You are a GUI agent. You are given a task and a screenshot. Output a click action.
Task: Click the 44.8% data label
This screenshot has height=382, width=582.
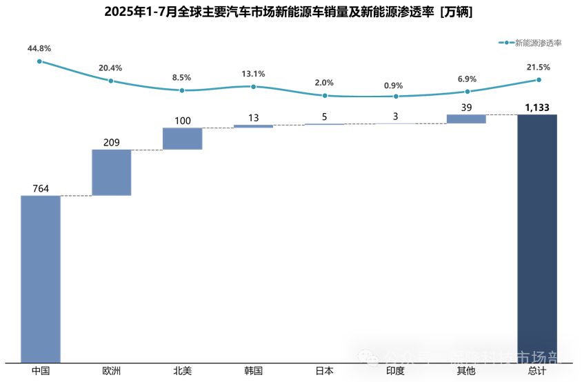[x=39, y=49]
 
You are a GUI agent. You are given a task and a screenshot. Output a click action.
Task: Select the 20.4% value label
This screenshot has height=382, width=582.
[x=110, y=68]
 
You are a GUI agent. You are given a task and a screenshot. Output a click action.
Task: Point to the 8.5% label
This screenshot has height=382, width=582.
[x=181, y=78]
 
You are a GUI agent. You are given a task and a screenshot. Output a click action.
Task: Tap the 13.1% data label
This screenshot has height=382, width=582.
[x=253, y=74]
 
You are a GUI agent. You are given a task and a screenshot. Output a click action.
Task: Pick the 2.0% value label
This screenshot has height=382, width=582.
[x=324, y=83]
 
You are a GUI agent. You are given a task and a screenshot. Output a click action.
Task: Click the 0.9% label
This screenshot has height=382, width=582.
[x=393, y=86]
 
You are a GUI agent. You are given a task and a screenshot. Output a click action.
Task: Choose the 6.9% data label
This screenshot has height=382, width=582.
[x=467, y=79]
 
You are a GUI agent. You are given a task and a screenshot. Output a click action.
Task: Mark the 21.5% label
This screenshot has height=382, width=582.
[x=538, y=67]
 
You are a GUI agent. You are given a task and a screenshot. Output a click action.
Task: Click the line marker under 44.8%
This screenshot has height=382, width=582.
[x=39, y=61]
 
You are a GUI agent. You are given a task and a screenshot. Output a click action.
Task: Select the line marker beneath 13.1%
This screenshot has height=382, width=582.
[x=253, y=86]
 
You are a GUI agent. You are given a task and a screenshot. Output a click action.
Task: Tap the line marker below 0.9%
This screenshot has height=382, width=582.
[x=396, y=97]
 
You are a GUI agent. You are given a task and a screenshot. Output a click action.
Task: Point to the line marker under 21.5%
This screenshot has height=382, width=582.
[x=539, y=80]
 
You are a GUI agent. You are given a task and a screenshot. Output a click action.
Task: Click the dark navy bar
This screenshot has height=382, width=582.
[x=537, y=238]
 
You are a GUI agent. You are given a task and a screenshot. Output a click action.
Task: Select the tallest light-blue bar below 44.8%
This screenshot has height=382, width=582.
[x=41, y=279]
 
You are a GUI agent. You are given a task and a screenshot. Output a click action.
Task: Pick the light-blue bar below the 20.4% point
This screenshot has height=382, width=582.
[x=112, y=172]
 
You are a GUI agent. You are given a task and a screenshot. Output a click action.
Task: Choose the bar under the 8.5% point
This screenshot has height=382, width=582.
[x=182, y=139]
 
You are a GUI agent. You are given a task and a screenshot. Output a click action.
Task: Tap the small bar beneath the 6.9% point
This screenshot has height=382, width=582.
[x=466, y=119]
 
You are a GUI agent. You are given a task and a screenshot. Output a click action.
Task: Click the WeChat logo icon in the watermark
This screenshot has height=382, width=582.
[x=368, y=358]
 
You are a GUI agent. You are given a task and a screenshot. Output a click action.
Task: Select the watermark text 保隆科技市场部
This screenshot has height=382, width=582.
[x=505, y=359]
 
